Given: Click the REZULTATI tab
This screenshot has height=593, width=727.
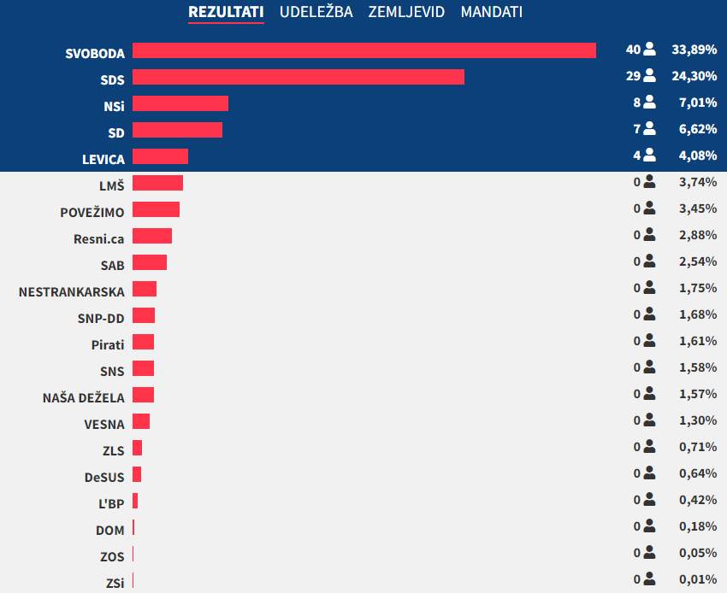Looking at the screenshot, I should pos(226,12).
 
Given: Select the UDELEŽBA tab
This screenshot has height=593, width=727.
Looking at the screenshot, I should pos(316,12).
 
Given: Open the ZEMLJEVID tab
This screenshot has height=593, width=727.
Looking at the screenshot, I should pos(406,12).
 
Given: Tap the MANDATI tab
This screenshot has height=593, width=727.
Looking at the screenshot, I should pos(491,12).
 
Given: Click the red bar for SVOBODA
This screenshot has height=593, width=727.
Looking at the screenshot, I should pos(364,50).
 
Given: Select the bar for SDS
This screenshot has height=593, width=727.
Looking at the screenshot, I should pos(298,77).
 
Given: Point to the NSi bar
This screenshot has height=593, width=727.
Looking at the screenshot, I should pos(180,103).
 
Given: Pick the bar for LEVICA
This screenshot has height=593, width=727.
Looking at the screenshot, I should pos(160,156).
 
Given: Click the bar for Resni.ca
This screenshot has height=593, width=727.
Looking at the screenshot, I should pos(152,236).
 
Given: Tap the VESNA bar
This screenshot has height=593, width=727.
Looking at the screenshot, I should pos(141,421).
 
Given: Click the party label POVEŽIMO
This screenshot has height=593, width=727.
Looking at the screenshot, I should pos(92,213).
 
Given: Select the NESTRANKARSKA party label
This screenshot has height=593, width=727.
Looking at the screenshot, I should pos(72,292).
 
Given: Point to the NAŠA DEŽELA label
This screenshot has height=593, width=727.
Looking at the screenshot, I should pos(84,398).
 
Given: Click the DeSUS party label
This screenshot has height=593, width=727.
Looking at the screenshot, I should pos(104,478).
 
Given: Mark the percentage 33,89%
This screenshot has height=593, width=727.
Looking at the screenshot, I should pos(694,50).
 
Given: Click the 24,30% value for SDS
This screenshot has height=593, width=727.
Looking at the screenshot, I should pos(694,77).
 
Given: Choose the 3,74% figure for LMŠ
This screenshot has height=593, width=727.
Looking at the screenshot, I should pos(697,183).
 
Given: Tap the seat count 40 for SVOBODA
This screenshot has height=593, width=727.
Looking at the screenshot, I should pos(633,50).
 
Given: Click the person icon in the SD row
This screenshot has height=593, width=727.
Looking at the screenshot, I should pos(649,129).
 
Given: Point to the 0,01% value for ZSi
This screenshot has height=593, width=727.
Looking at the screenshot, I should pos(697,580).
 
